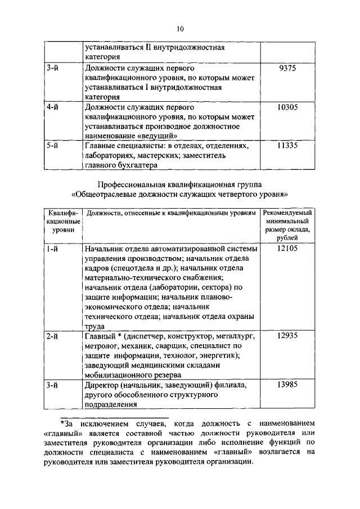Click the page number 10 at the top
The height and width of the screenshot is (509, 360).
point(179,29)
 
